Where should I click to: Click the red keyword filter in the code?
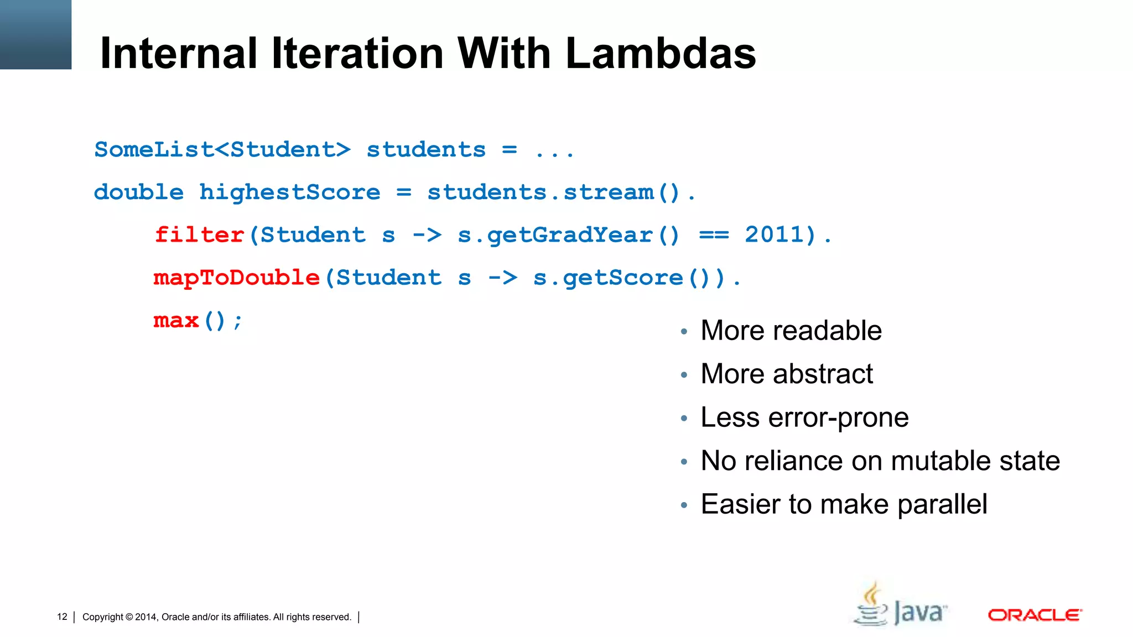coord(199,235)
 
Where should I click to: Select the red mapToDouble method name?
coord(237,278)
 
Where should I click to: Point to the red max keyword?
coord(176,321)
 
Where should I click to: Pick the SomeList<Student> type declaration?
coord(222,150)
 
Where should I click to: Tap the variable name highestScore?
coord(290,192)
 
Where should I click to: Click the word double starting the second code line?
coord(139,192)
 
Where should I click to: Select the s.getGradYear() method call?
coord(569,235)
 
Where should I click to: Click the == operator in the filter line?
coord(714,235)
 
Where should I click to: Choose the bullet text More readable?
coord(791,331)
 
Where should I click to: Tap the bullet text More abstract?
coord(787,374)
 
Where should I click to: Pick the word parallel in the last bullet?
coord(942,504)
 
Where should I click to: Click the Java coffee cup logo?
coord(873,604)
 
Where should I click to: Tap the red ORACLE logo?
coord(1035,615)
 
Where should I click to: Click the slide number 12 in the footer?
coord(62,617)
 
